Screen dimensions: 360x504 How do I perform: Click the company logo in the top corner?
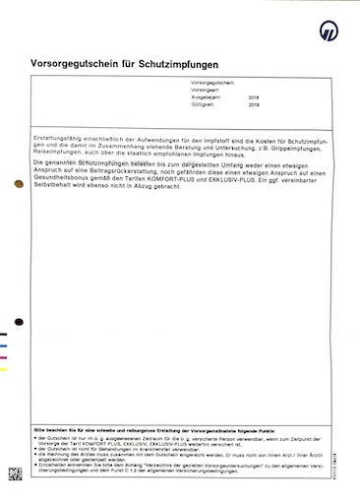(330, 31)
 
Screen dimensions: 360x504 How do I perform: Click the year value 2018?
(254, 99)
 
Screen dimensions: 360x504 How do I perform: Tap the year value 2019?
(254, 107)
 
